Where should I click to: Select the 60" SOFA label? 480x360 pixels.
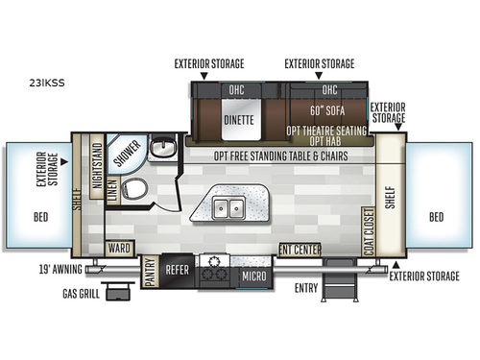(329, 109)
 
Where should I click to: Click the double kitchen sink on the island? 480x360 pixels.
(227, 205)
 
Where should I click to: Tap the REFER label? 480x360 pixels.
(177, 271)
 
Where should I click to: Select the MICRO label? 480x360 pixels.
(253, 276)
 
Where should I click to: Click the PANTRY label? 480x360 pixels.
(150, 272)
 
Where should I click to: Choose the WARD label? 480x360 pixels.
(119, 250)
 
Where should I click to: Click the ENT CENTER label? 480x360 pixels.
(300, 250)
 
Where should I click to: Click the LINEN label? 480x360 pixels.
(111, 189)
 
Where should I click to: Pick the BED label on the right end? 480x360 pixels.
(438, 217)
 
